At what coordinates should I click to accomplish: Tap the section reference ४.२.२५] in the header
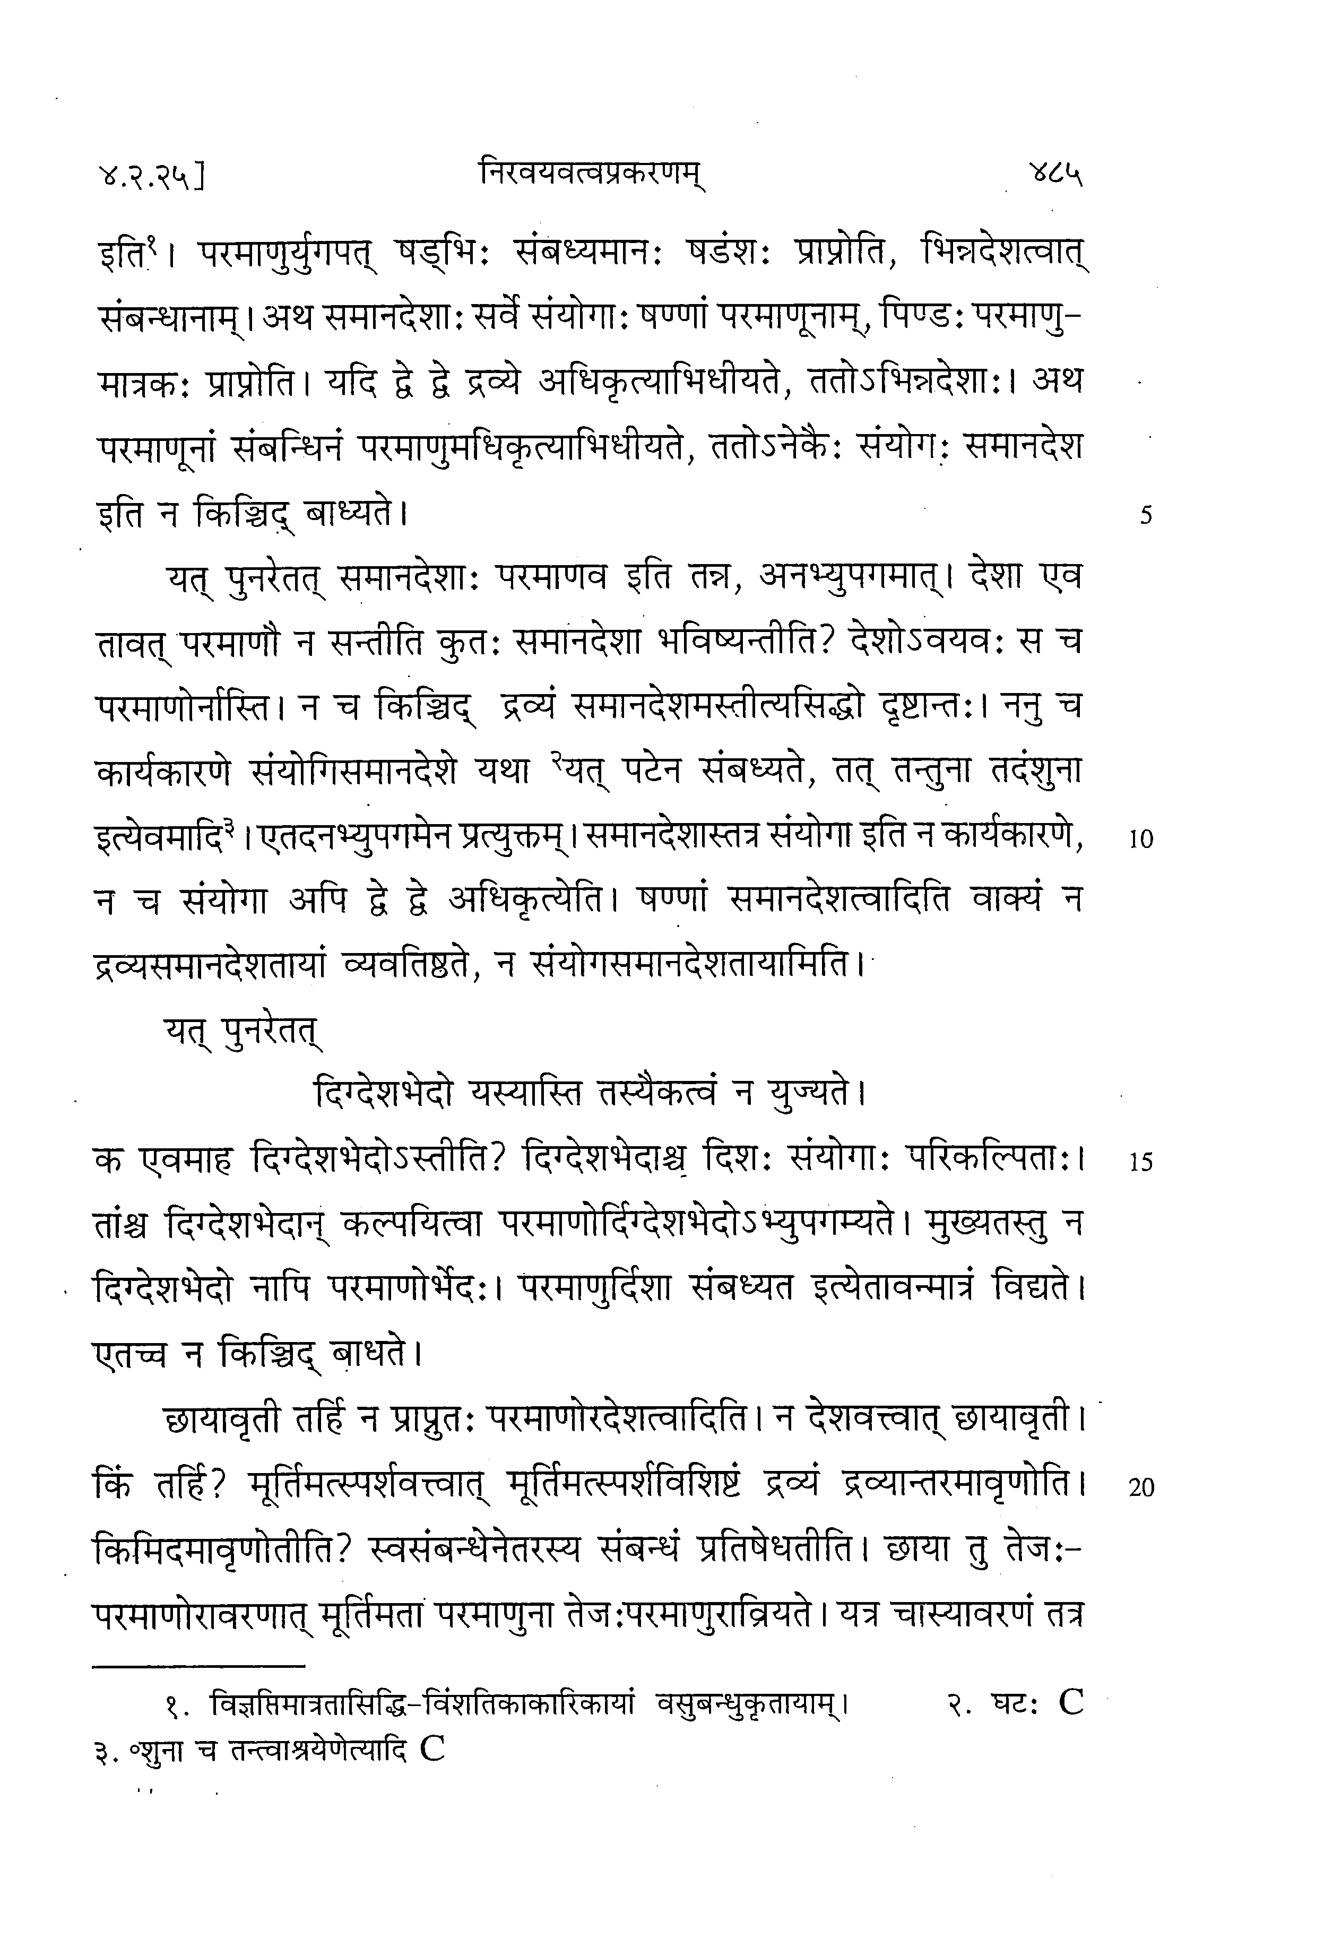pyautogui.click(x=150, y=178)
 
